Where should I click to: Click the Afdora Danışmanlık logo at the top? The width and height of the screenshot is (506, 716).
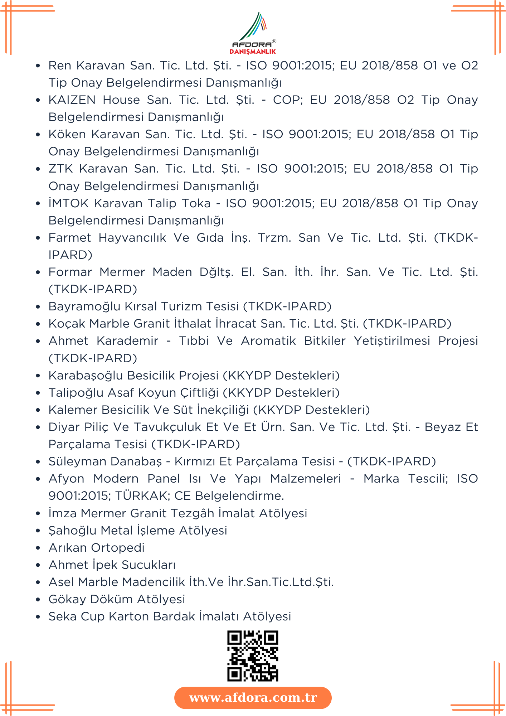(253, 33)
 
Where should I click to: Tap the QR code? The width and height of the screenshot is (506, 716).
(253, 656)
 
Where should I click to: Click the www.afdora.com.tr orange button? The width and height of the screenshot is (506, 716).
(253, 697)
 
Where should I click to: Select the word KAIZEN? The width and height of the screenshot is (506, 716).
(72, 100)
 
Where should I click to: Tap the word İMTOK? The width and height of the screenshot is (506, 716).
(68, 203)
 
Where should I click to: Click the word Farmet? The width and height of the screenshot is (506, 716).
(70, 238)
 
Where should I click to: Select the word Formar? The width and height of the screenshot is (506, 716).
(70, 272)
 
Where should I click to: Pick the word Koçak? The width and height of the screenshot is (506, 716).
(67, 324)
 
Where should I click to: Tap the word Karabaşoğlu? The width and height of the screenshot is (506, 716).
(86, 376)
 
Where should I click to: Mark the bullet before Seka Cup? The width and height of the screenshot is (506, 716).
(38, 617)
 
